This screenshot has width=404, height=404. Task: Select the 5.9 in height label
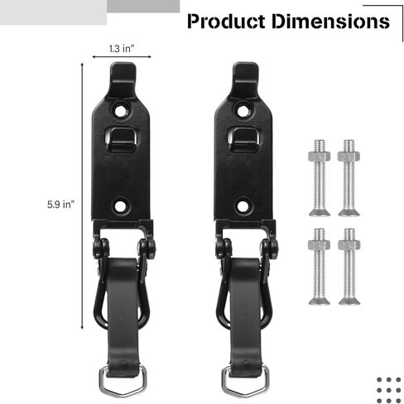(x=61, y=202)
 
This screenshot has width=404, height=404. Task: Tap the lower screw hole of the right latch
(x=246, y=203)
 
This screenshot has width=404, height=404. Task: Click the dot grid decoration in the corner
(x=388, y=387)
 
